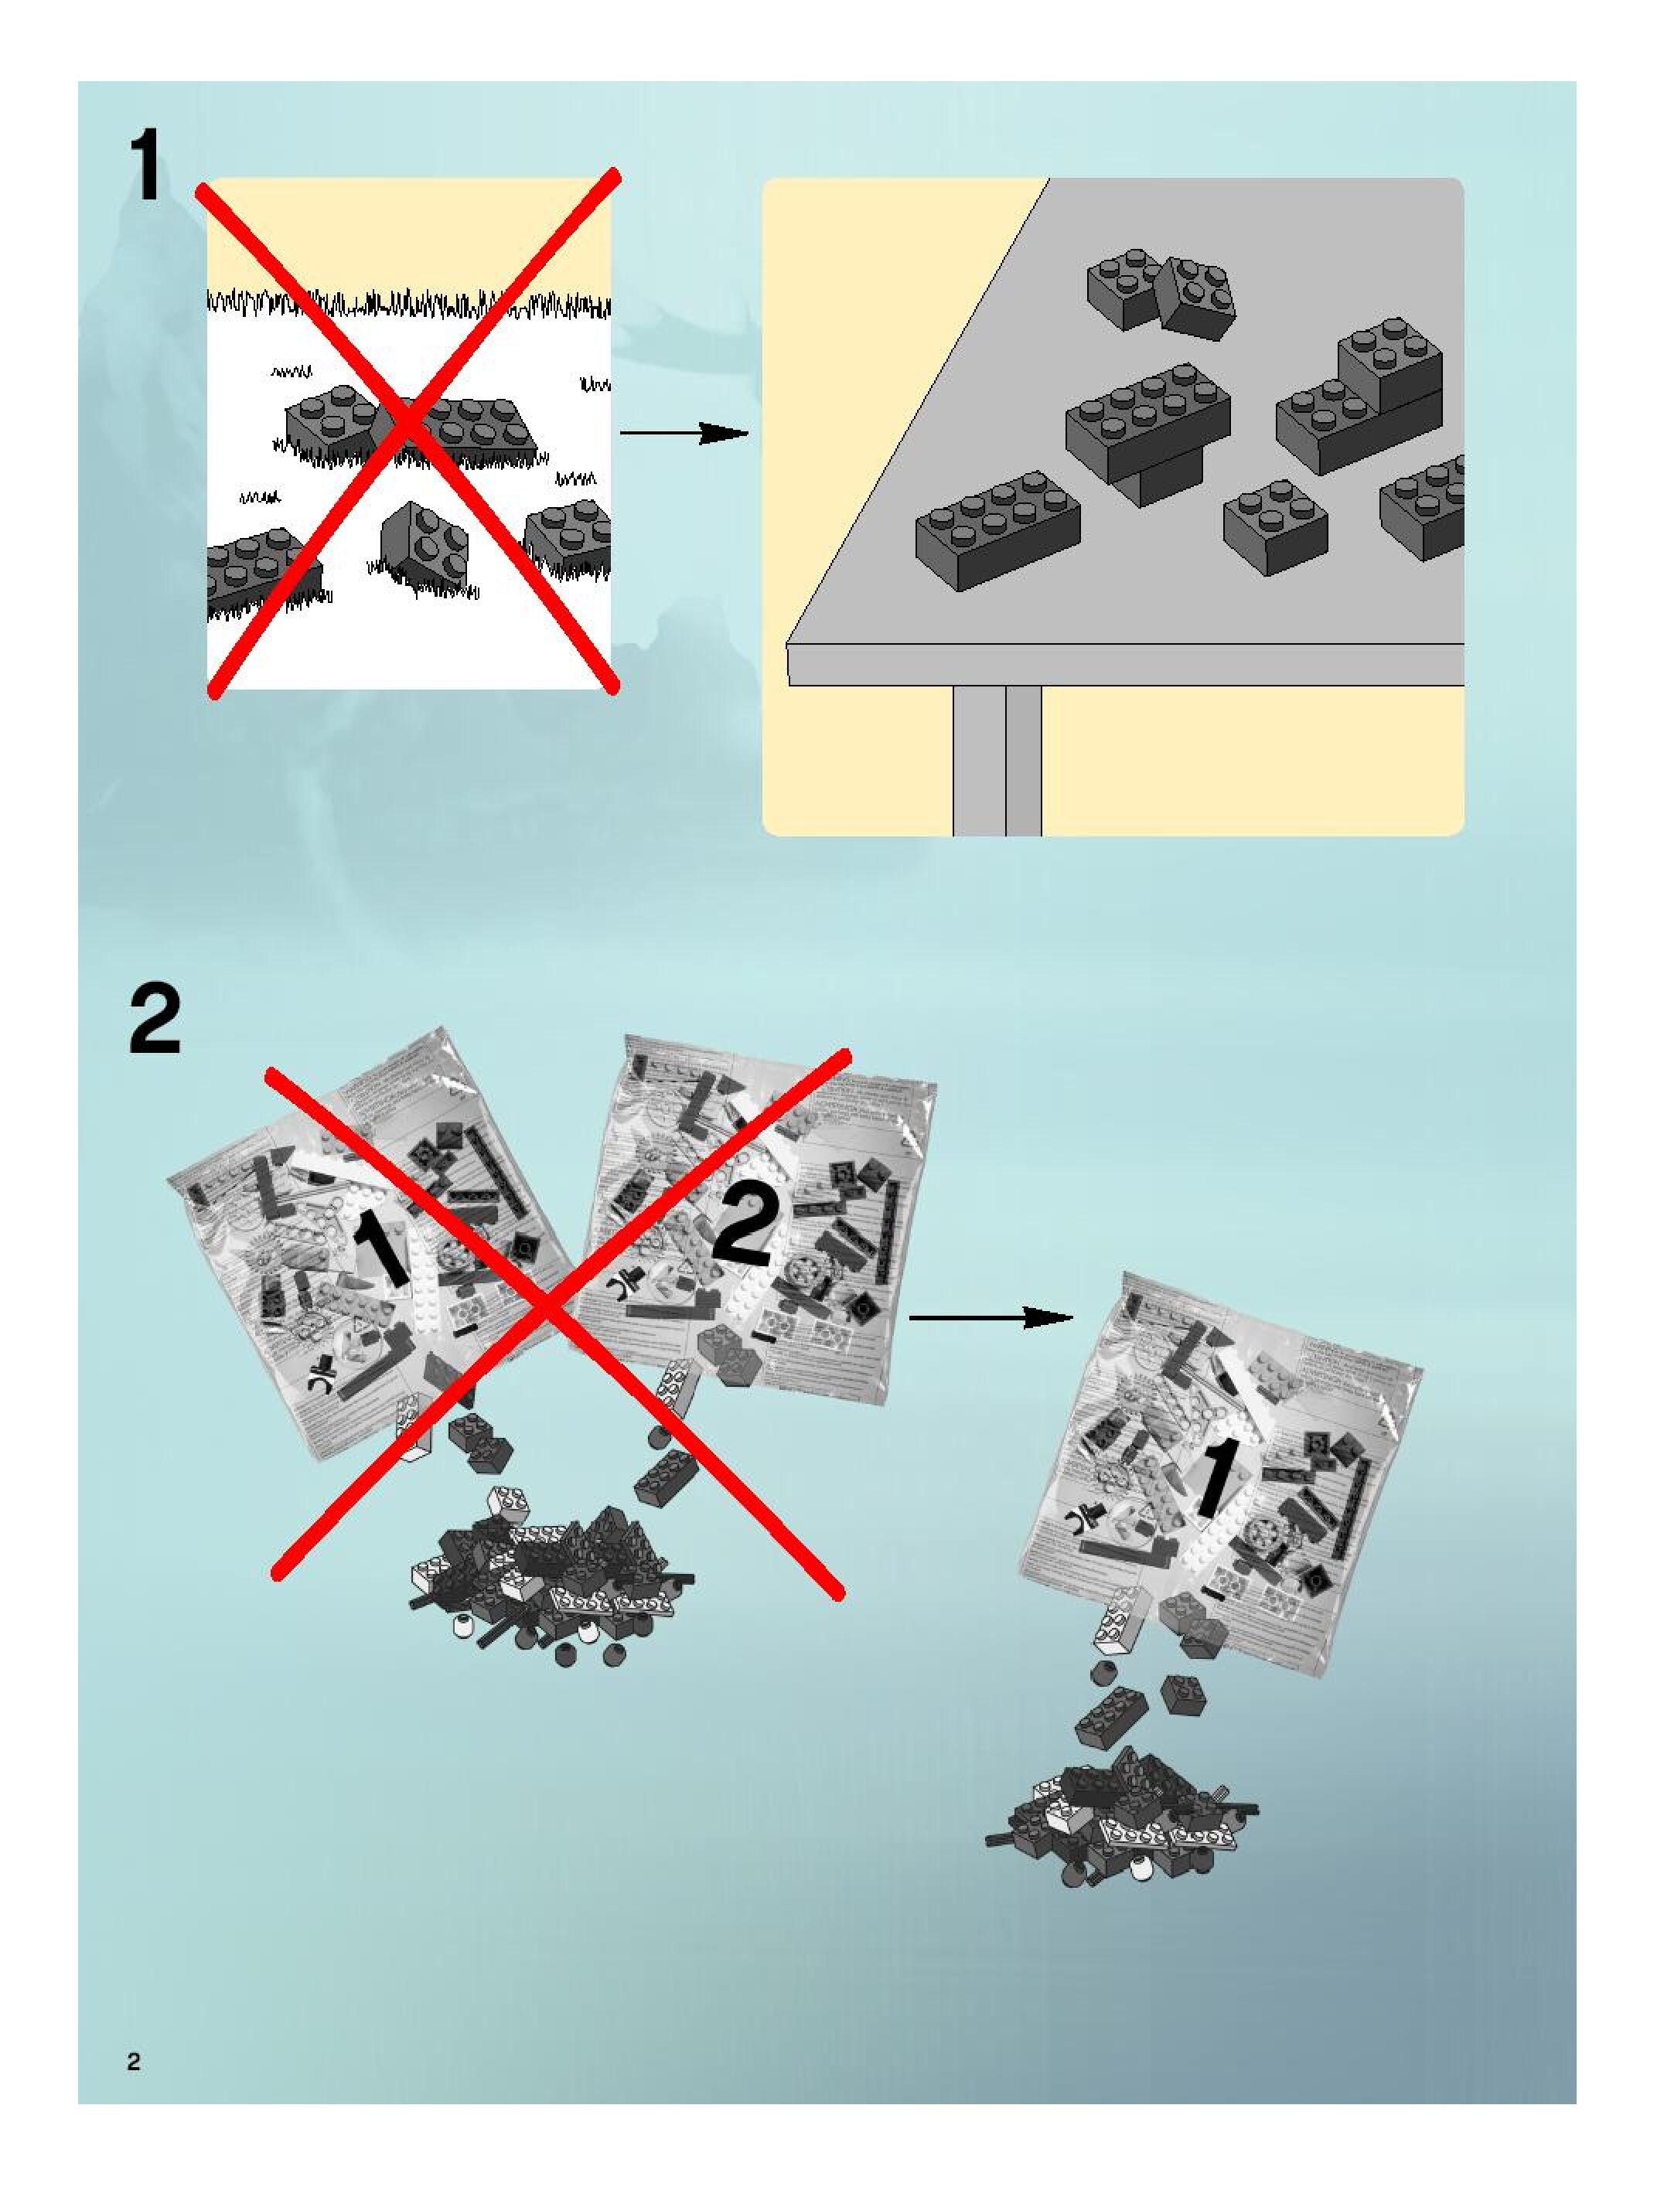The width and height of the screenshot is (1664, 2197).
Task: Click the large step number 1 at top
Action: click(147, 167)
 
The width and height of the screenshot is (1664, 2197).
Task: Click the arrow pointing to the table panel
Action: click(684, 433)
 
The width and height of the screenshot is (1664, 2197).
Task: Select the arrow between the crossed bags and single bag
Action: click(991, 1318)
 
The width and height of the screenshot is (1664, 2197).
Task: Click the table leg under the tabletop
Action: click(997, 760)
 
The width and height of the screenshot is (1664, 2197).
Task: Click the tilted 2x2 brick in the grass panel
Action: click(425, 541)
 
